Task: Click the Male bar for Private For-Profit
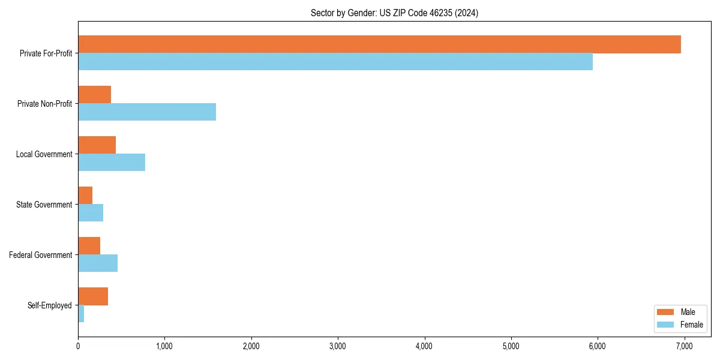[x=379, y=44]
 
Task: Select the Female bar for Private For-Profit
[x=335, y=62]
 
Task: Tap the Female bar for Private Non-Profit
[x=147, y=112]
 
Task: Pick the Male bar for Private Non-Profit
[x=94, y=95]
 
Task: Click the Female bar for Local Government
[x=112, y=163]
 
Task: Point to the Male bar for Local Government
[x=97, y=145]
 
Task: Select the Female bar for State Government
[x=91, y=213]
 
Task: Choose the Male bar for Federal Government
[x=89, y=246]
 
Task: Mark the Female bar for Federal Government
[x=98, y=263]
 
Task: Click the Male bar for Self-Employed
[x=93, y=296]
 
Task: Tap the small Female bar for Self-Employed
[x=81, y=314]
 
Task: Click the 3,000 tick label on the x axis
[x=338, y=346]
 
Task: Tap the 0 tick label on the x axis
[x=78, y=346]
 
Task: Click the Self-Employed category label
[x=49, y=305]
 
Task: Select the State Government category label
[x=44, y=205]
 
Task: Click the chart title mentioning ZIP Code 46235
[x=394, y=13]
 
